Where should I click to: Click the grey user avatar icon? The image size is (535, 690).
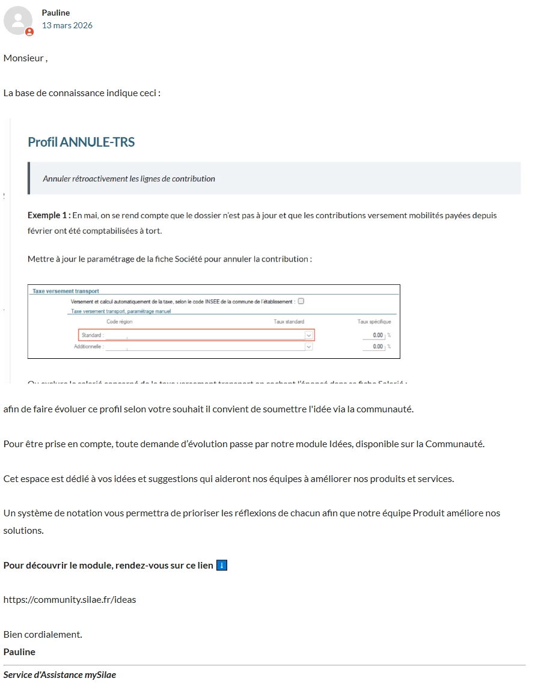pyautogui.click(x=18, y=20)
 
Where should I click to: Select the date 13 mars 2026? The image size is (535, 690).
pyautogui.click(x=67, y=25)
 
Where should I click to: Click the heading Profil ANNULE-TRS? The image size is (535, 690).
pyautogui.click(x=81, y=142)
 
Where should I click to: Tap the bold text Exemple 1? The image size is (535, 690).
pyautogui.click(x=48, y=215)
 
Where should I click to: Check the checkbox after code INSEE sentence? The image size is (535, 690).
pyautogui.click(x=301, y=301)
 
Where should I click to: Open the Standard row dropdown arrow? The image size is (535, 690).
pyautogui.click(x=309, y=335)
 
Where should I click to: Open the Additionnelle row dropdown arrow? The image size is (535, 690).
pyautogui.click(x=309, y=347)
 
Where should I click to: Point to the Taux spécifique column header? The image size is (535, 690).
pyautogui.click(x=374, y=322)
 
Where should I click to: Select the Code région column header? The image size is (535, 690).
pyautogui.click(x=120, y=322)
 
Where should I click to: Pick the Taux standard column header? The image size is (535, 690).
pyautogui.click(x=289, y=322)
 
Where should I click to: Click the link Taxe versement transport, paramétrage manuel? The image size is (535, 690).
pyautogui.click(x=121, y=311)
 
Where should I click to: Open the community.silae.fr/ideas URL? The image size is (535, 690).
pyautogui.click(x=70, y=599)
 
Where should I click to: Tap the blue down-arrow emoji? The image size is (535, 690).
pyautogui.click(x=222, y=566)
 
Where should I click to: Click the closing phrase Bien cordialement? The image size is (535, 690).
pyautogui.click(x=43, y=634)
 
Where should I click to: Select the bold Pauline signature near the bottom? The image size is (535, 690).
pyautogui.click(x=19, y=652)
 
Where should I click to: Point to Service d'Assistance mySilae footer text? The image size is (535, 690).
pyautogui.click(x=60, y=675)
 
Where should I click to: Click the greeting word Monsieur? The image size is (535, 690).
pyautogui.click(x=23, y=58)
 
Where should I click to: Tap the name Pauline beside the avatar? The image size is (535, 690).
pyautogui.click(x=56, y=13)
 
